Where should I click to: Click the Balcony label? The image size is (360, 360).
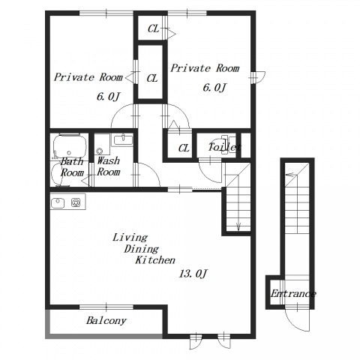106,321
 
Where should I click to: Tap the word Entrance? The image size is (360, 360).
293,293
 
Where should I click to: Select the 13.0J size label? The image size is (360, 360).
193,274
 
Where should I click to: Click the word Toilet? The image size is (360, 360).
225,147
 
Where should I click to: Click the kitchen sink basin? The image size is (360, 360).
58,202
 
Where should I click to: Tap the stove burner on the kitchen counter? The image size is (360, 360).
76,202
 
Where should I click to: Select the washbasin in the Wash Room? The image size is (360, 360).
124,140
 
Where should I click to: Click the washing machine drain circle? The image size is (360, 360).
100,151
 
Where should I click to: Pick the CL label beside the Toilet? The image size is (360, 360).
184,148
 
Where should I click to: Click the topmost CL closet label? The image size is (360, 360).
153,28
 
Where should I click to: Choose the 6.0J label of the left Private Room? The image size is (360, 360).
109,97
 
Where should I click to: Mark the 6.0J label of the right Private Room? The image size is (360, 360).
214,88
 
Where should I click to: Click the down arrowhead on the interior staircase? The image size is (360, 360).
238,226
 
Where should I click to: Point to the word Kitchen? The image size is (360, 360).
155,260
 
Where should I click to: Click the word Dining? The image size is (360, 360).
141,249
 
